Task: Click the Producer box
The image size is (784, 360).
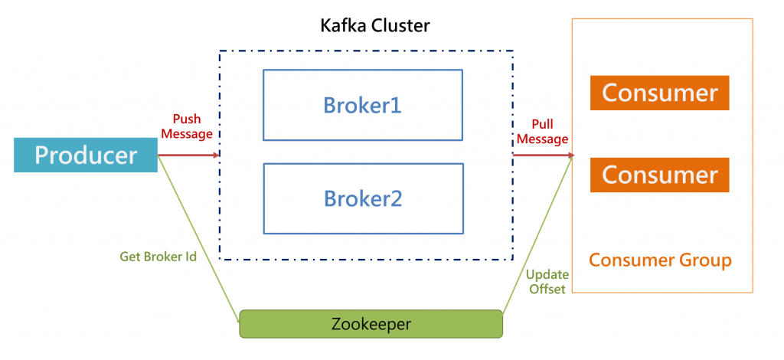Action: tap(86, 155)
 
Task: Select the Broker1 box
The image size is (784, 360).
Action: tap(363, 105)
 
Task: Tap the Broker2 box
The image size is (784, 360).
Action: tap(363, 198)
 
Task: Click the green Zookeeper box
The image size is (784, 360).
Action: tap(371, 324)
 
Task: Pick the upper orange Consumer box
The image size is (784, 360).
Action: tap(659, 93)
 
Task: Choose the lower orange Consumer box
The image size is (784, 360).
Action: tap(659, 175)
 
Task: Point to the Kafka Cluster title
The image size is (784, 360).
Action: tap(374, 26)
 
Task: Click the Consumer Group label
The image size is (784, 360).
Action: tap(660, 260)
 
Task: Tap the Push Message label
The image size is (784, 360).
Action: tap(187, 126)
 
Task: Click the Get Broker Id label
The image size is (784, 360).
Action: tap(158, 257)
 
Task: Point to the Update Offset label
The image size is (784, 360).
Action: tap(546, 281)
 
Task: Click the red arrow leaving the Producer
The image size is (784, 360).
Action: tap(188, 155)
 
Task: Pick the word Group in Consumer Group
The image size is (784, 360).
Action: tap(705, 260)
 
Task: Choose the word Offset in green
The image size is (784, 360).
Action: tap(546, 289)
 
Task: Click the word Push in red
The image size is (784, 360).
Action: tap(187, 119)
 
